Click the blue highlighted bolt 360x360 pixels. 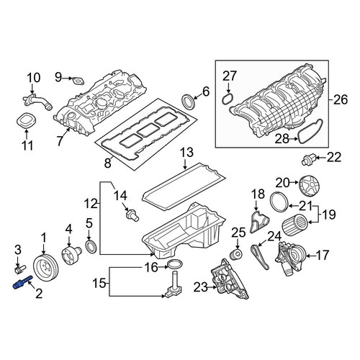[x=22, y=283]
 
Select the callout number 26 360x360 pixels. [x=341, y=99]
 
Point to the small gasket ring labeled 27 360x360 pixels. [x=227, y=99]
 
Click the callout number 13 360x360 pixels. [x=186, y=153]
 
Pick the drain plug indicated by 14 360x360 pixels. [x=132, y=215]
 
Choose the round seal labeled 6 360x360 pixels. [x=188, y=102]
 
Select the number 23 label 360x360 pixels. [x=201, y=287]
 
